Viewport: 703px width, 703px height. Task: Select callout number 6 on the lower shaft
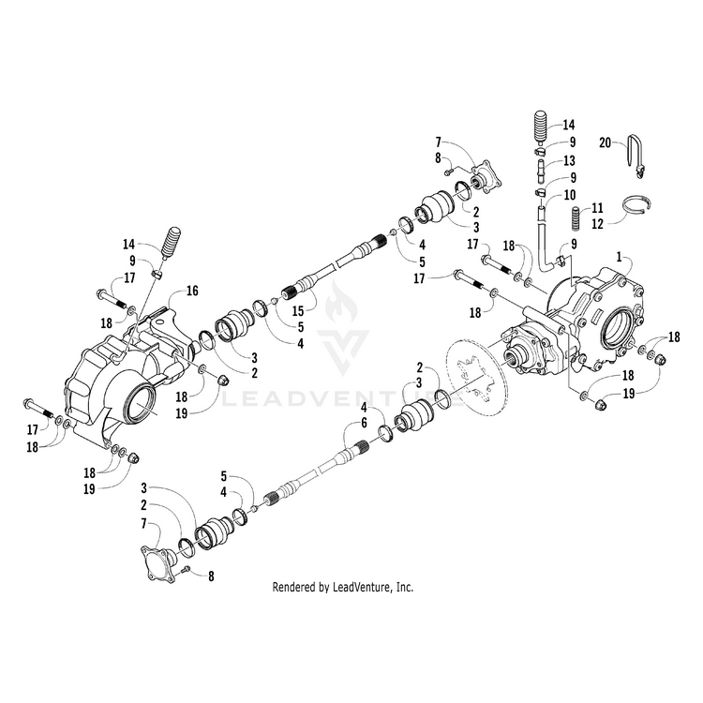382,425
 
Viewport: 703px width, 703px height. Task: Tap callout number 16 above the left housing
192,292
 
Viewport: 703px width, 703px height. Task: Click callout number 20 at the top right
606,142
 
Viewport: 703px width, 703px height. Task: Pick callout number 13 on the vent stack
568,160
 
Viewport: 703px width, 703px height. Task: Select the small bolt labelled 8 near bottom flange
187,569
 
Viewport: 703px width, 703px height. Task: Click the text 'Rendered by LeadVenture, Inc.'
342,588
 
